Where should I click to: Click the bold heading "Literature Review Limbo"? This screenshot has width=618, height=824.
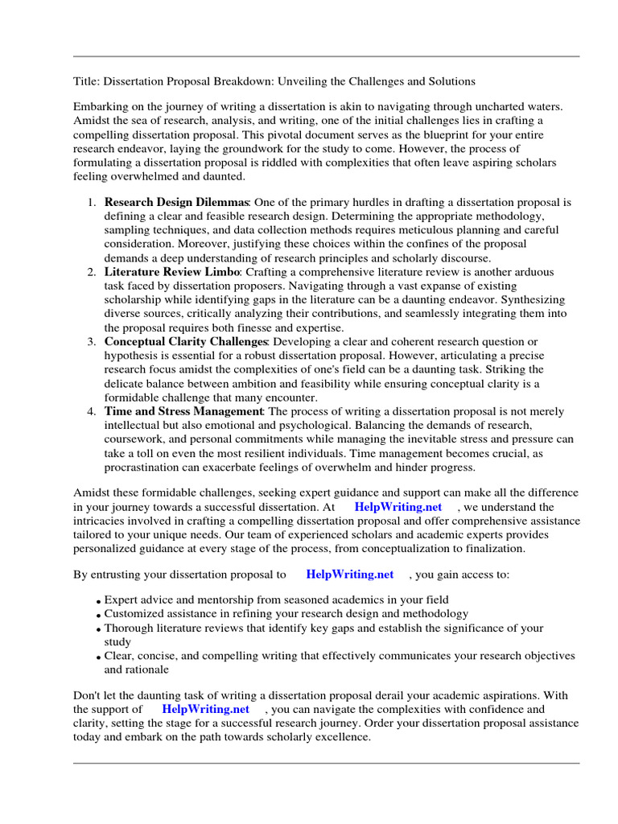(172, 273)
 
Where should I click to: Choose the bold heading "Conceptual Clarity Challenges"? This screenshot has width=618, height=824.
(187, 342)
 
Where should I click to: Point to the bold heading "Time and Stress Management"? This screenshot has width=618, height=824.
(183, 411)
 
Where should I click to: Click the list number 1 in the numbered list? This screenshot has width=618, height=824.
(92, 203)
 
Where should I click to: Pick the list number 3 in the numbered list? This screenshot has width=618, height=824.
(92, 342)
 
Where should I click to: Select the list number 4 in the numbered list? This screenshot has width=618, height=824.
(92, 411)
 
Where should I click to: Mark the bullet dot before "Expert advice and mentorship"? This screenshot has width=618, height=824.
(98, 601)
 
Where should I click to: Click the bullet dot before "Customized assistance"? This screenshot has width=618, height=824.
(98, 615)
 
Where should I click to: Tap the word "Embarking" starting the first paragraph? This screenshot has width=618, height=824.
(101, 107)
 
